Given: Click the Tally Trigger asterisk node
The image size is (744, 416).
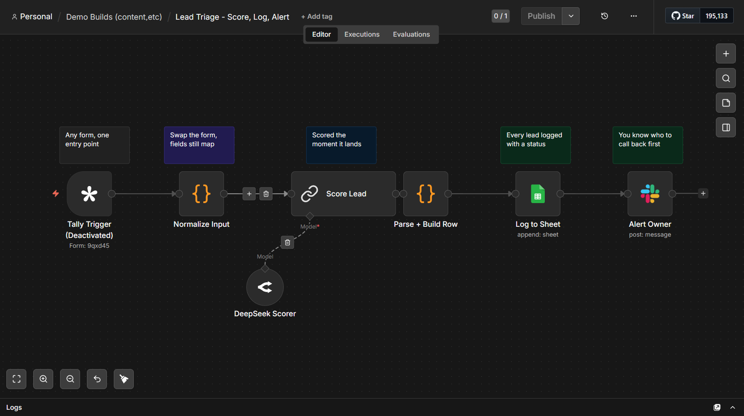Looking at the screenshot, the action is (89, 194).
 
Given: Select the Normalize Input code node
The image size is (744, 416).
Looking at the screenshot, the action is (201, 194).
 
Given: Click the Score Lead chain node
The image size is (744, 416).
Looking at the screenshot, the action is (343, 194).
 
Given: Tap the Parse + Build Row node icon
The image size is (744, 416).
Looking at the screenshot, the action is (425, 194).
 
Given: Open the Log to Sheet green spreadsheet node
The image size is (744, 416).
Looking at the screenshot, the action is (538, 194).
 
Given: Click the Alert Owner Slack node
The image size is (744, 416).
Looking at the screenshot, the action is (650, 194).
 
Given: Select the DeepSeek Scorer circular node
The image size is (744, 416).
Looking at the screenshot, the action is (265, 287).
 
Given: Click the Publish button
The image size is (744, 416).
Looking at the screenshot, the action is (541, 16).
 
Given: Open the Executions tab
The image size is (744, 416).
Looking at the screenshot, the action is (362, 34).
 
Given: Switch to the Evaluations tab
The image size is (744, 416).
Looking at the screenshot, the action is (411, 34).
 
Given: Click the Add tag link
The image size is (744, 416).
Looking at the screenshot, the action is (316, 17).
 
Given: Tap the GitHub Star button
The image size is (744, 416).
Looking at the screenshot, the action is (683, 16).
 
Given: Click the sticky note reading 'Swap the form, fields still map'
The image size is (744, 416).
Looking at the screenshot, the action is (199, 145).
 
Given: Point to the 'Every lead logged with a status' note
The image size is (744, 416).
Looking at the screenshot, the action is (535, 145).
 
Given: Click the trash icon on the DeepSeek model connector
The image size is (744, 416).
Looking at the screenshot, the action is (287, 242).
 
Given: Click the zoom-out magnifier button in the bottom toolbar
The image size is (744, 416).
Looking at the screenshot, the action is (70, 379).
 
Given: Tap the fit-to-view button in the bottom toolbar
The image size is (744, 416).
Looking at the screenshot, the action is (16, 379).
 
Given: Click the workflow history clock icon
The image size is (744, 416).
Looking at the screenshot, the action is (604, 16).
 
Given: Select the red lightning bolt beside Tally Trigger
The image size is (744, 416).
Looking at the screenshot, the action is (56, 193).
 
